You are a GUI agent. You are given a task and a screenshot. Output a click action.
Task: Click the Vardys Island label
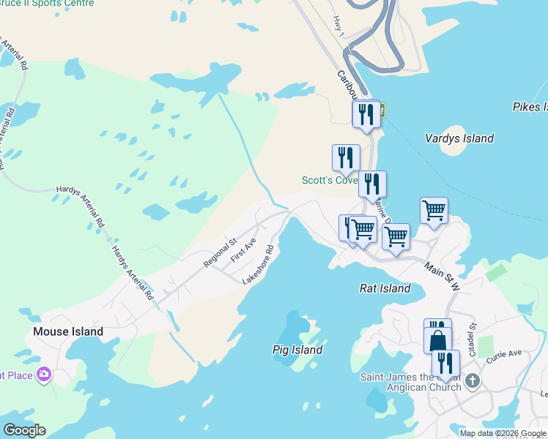pyautogui.click(x=459, y=138)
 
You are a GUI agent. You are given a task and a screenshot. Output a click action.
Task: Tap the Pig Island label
pyautogui.click(x=297, y=350)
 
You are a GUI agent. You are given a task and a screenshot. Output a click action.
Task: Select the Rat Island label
pyautogui.click(x=385, y=288)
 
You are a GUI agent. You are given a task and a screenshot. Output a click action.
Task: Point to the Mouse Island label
pyautogui.click(x=68, y=331)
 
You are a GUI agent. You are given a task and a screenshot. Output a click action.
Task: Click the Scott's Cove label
pyautogui.click(x=329, y=180)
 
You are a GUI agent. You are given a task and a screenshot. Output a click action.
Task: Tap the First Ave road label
pyautogui.click(x=242, y=250)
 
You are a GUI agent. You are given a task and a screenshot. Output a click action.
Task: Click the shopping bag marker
pyautogui.click(x=437, y=340)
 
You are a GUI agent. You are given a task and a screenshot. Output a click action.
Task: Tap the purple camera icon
pyautogui.click(x=45, y=375)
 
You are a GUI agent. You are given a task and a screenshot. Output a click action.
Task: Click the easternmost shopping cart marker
pyautogui.click(x=434, y=211)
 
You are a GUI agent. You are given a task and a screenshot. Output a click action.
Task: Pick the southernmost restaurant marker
pyautogui.click(x=445, y=363)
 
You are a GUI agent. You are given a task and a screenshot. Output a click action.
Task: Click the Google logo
pyautogui.click(x=24, y=430)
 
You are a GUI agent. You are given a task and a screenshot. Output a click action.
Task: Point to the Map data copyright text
pyautogui.click(x=503, y=433)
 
